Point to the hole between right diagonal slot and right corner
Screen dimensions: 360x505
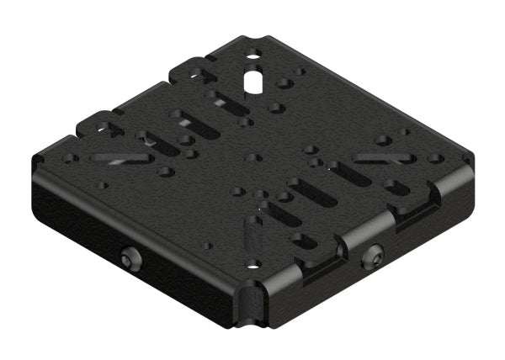click(433, 157)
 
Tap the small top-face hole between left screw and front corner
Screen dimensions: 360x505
click(208, 246)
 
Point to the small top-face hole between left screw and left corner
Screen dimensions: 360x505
click(103, 186)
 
